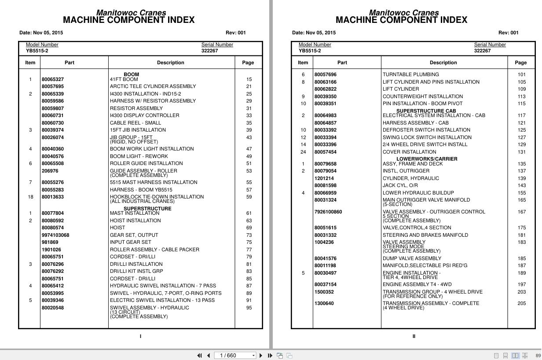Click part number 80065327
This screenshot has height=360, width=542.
click(x=52, y=80)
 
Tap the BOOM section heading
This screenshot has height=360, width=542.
click(x=131, y=75)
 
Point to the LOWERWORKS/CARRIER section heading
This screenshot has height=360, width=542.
click(x=427, y=159)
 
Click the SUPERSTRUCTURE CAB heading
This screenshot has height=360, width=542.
click(x=426, y=111)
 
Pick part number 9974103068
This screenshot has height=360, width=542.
click(x=55, y=235)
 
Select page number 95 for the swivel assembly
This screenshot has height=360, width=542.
click(x=249, y=308)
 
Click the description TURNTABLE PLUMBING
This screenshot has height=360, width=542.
click(x=410, y=75)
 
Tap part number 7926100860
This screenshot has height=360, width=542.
click(x=328, y=212)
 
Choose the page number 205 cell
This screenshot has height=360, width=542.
click(x=521, y=303)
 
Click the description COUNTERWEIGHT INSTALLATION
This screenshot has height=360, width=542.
click(x=422, y=96)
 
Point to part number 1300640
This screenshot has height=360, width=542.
click(x=324, y=303)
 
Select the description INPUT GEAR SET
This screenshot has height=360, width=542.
click(x=130, y=242)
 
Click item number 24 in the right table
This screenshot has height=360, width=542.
click(x=303, y=152)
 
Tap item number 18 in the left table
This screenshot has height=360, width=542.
click(x=30, y=197)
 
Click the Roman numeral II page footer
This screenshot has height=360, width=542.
click(x=414, y=336)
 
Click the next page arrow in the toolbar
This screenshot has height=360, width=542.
click(x=261, y=356)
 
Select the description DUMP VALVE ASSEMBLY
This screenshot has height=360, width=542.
click(x=411, y=258)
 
